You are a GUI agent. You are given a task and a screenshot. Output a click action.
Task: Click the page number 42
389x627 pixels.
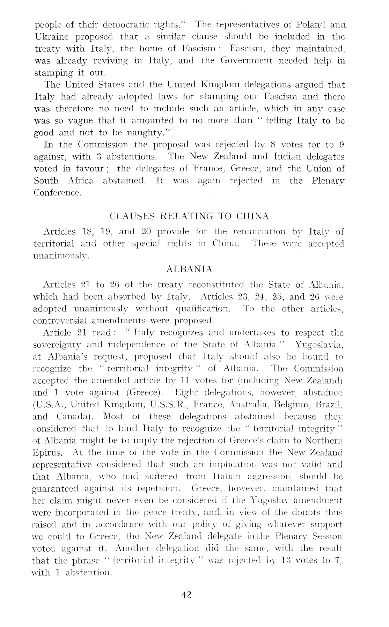[x=186, y=595]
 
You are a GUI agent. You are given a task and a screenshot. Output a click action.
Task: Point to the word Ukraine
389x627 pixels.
[x=52, y=37]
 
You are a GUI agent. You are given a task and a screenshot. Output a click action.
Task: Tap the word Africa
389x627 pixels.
[x=79, y=180]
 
